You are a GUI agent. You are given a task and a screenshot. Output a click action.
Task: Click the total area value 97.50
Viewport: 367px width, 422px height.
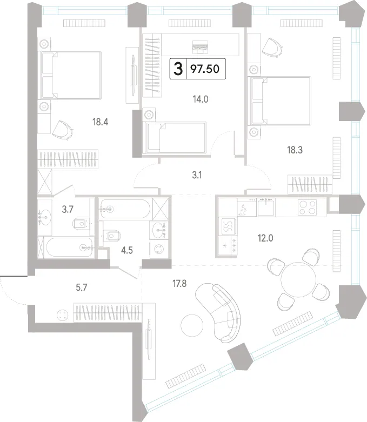[x=205, y=69]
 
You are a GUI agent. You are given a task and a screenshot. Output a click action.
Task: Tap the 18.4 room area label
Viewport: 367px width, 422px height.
[x=100, y=122]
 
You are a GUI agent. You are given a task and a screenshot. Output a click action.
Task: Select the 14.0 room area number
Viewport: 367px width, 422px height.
[x=201, y=99]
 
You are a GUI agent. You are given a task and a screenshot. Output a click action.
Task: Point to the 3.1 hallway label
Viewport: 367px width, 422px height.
[x=197, y=176]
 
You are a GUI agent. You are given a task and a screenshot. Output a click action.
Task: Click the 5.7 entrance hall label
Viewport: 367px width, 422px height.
[x=81, y=287]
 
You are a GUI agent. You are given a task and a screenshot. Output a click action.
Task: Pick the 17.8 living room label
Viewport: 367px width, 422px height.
[x=179, y=283]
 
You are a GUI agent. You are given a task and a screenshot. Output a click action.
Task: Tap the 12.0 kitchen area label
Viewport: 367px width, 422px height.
[x=265, y=238]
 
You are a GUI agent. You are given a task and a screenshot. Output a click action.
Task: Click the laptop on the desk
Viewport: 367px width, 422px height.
[x=201, y=47]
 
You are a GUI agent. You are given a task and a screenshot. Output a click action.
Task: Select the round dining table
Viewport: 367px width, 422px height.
[x=298, y=279]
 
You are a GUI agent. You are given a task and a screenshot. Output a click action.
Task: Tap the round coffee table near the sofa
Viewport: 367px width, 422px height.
[x=192, y=325]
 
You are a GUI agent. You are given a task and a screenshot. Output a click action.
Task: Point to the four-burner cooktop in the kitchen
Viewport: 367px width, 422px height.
[x=307, y=207]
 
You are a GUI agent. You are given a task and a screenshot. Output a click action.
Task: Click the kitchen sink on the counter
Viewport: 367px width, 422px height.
[x=266, y=207]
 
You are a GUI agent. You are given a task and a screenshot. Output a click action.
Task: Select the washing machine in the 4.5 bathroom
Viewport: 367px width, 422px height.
[x=158, y=249]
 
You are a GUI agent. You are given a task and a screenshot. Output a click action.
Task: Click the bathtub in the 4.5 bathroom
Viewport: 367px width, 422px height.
[x=124, y=209]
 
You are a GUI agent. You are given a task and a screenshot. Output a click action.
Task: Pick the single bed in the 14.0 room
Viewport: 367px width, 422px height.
[x=175, y=138]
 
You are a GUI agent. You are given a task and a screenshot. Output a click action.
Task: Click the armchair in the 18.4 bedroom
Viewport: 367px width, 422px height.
[x=63, y=130]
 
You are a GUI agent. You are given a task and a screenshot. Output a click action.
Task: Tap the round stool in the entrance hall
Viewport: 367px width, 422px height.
[x=63, y=315]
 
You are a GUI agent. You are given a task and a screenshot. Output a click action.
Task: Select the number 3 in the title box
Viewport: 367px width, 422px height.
[x=178, y=69]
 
